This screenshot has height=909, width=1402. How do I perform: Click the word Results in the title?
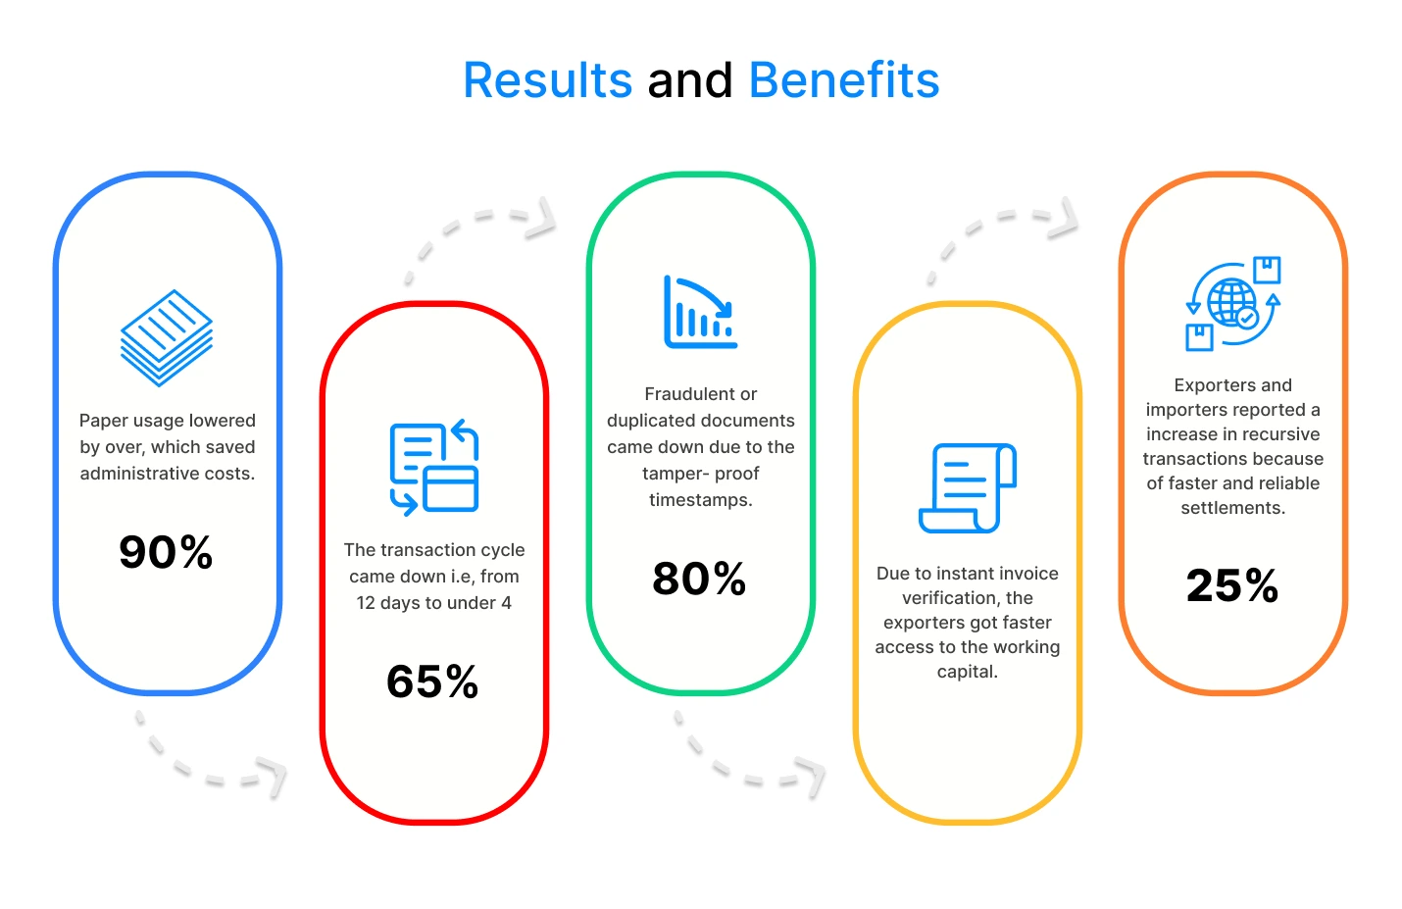[548, 80]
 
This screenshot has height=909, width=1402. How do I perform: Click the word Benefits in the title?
[844, 80]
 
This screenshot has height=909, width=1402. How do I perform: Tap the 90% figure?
[166, 552]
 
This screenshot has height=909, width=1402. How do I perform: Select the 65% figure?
[432, 682]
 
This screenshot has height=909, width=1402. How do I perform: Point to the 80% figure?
[699, 578]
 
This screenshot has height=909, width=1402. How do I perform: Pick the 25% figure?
[1231, 585]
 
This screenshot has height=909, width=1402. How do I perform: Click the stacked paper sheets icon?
[167, 337]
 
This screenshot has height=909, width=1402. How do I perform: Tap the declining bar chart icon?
[700, 312]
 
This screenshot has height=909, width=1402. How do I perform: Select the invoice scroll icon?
[968, 488]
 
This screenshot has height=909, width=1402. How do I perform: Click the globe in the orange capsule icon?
[1231, 303]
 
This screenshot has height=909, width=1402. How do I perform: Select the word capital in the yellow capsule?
[967, 672]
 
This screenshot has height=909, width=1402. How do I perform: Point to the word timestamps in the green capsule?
[700, 500]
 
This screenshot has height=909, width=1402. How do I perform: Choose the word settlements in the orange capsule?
[1233, 508]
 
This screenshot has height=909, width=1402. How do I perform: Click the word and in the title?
[690, 80]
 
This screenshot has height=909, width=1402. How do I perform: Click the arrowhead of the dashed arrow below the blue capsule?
[273, 777]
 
